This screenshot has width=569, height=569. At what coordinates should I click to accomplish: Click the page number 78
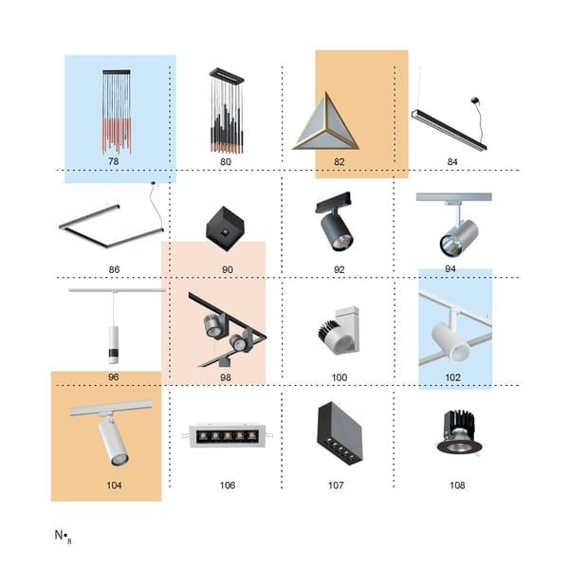[x=114, y=161]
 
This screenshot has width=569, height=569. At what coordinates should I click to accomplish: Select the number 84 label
[x=452, y=162]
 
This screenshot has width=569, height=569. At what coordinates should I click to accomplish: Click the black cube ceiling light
[x=225, y=229]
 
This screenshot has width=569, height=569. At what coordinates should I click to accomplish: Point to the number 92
[x=339, y=269]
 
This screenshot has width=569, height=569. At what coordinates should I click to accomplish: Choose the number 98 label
[x=226, y=377]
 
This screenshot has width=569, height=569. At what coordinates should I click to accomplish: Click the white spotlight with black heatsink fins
[x=339, y=330]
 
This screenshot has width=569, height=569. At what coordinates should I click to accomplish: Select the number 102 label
[x=453, y=377]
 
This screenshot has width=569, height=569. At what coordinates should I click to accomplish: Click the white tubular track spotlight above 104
[x=111, y=432]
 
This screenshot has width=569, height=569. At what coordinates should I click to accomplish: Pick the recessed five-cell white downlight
[x=228, y=434]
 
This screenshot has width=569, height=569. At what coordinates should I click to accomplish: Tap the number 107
[x=336, y=486]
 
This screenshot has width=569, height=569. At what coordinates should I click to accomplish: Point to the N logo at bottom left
[x=63, y=536]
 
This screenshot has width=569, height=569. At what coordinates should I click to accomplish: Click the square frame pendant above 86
[x=111, y=226]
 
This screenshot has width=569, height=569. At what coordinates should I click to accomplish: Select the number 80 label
[x=226, y=162]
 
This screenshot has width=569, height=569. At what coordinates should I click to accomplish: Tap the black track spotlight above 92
[x=334, y=221]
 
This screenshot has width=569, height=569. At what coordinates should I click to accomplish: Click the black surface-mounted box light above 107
[x=340, y=433]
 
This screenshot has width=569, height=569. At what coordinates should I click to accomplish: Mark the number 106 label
[x=228, y=486]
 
